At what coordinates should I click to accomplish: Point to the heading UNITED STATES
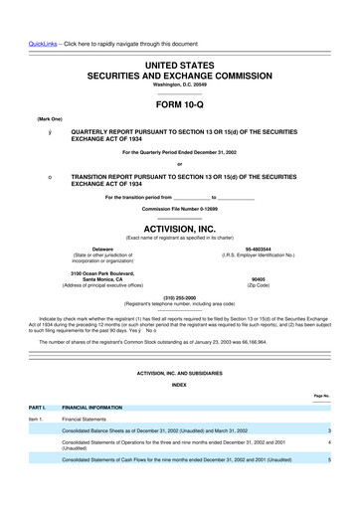[x=179, y=36]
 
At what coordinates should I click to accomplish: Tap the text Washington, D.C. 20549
[x=179, y=58]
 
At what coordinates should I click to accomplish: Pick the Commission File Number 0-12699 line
[x=179, y=208]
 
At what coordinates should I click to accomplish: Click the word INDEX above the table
[x=179, y=383]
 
